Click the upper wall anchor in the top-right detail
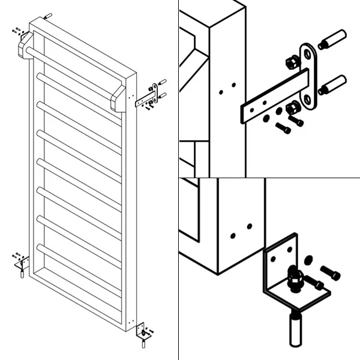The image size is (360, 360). point(332,39)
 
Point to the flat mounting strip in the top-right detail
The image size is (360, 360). point(273,96)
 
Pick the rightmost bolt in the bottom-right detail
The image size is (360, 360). point(331,273)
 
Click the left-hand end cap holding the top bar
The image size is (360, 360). point(26,46)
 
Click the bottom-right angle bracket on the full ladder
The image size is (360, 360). point(142,332)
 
